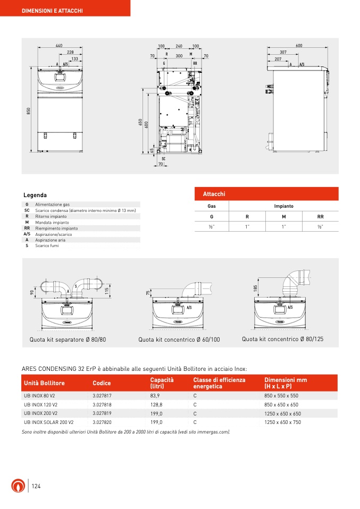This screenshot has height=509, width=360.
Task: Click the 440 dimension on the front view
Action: click(x=58, y=46)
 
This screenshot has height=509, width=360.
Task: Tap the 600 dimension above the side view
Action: click(x=299, y=46)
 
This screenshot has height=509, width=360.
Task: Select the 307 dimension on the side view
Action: click(x=283, y=52)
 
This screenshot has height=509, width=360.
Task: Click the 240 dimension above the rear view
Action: click(x=179, y=46)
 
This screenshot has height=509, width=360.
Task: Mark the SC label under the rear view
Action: click(x=164, y=158)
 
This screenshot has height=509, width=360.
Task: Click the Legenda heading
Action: click(x=35, y=195)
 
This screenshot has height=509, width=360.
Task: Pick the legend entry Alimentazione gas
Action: click(x=52, y=204)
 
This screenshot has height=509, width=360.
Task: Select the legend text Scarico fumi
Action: click(x=47, y=245)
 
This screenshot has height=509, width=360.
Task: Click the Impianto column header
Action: click(x=283, y=206)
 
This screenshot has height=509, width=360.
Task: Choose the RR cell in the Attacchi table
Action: click(x=320, y=217)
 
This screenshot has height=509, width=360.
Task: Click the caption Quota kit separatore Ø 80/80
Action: click(x=68, y=339)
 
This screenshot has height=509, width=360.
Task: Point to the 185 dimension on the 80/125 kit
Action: click(x=256, y=287)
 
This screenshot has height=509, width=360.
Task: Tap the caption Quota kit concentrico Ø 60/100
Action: click(x=179, y=340)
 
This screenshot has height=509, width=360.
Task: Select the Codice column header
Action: click(x=102, y=383)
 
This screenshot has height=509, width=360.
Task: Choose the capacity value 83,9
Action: click(x=155, y=396)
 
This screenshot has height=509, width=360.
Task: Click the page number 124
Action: click(x=37, y=486)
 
